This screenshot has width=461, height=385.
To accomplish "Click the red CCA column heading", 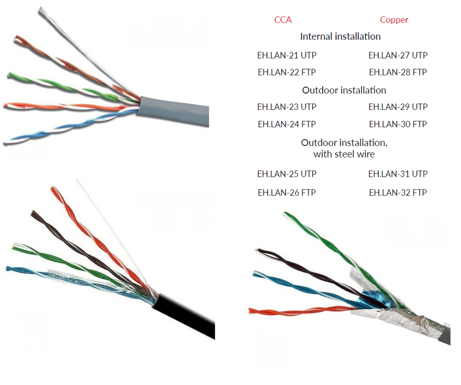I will tap(283, 20).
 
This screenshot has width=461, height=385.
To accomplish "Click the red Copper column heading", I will tap(394, 20).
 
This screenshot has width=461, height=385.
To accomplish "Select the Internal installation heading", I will tap(340, 36).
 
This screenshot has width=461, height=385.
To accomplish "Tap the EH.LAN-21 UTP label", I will tap(287, 55).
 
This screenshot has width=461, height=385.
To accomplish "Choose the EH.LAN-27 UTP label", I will tap(398, 55).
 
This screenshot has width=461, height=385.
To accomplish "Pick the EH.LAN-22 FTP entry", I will tap(287, 72).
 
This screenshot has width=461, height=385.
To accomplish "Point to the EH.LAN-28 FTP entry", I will tap(398, 72).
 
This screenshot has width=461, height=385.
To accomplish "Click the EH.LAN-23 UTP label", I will tap(287, 107).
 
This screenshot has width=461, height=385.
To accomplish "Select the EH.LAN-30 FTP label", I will tap(398, 124).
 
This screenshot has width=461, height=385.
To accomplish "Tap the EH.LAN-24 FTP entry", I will tap(287, 124).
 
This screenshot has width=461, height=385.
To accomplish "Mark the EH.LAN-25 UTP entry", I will tap(287, 174).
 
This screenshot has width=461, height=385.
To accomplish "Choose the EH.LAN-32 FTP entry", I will tap(398, 193).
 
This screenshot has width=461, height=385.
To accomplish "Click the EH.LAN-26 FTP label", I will tap(287, 193).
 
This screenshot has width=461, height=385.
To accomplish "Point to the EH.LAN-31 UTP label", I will tap(398, 174).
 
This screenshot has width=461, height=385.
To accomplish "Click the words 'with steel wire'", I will tap(344, 155).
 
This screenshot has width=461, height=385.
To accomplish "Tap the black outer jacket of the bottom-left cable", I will tap(187, 317).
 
